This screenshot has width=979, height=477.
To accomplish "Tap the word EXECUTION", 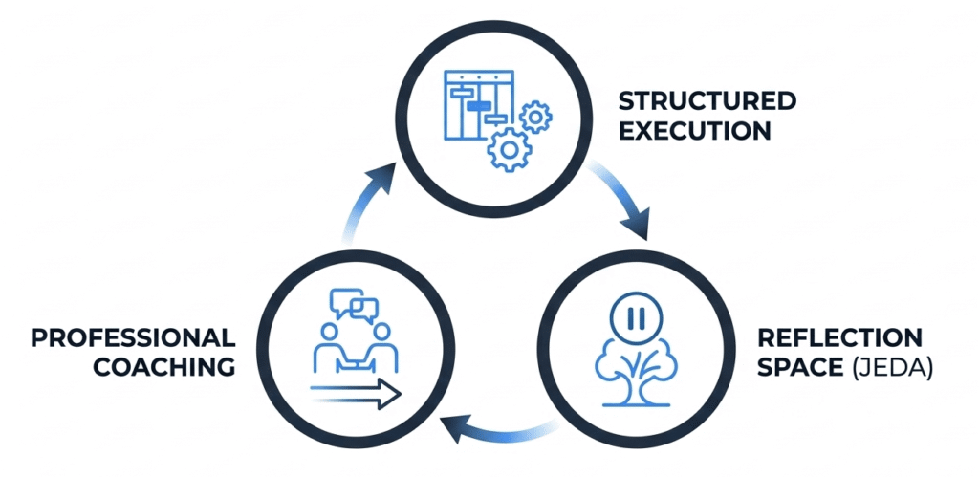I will [695, 131].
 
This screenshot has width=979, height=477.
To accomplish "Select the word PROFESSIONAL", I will [133, 337].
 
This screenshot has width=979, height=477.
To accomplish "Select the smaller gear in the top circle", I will [535, 117].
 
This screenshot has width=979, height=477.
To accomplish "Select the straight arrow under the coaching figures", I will [353, 393].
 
